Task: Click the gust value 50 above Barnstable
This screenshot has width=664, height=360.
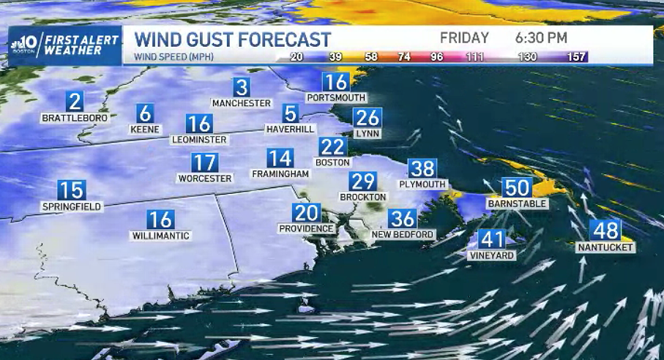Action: (x=518, y=188)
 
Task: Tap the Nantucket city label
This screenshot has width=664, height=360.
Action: (x=605, y=248)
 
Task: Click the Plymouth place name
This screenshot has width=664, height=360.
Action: (x=422, y=184)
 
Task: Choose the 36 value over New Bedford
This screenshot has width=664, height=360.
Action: (x=403, y=218)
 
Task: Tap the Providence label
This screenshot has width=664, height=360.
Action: (x=307, y=229)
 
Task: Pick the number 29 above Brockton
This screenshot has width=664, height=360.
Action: (x=362, y=181)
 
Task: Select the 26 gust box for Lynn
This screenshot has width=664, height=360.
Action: (x=368, y=118)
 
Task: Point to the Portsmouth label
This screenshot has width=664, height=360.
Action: (x=336, y=98)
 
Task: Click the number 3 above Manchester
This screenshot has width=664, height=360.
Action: (x=242, y=87)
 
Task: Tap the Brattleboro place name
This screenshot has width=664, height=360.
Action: (x=75, y=118)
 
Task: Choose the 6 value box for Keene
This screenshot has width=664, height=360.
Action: (x=145, y=113)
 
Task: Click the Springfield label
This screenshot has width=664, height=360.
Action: (x=71, y=207)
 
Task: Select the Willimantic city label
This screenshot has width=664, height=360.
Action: (x=160, y=236)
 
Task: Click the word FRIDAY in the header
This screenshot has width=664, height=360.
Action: (x=464, y=38)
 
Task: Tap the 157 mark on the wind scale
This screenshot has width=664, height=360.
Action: (x=578, y=56)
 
